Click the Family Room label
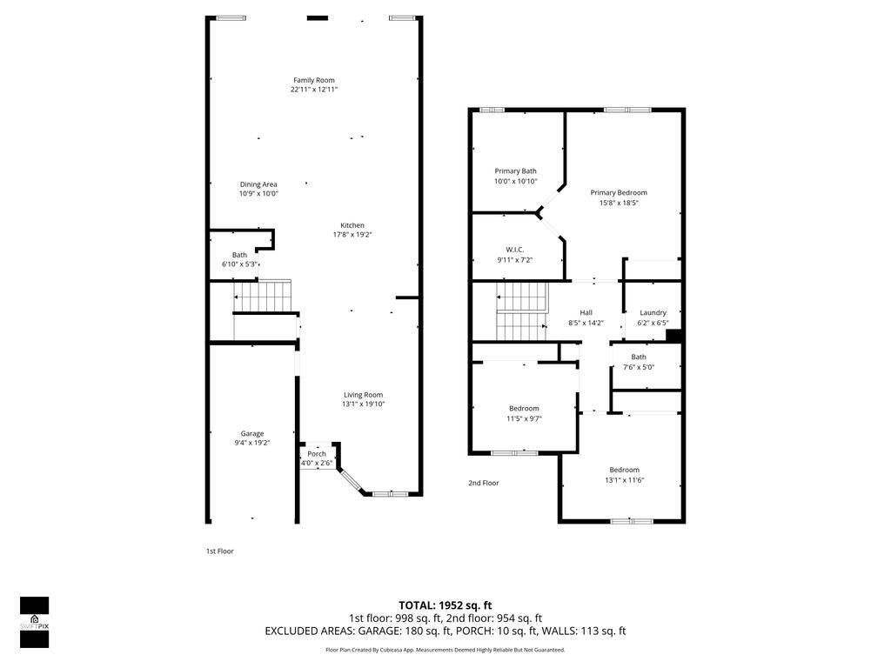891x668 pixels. [x=313, y=80]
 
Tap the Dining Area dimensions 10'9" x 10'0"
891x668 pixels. [x=258, y=194]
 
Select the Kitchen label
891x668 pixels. [x=352, y=225]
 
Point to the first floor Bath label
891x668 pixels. [x=239, y=255]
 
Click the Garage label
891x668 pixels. [x=252, y=433]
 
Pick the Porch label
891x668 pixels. [x=317, y=453]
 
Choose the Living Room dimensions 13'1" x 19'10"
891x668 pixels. [x=363, y=404]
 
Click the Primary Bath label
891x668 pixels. [x=516, y=171]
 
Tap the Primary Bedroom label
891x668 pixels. [x=619, y=193]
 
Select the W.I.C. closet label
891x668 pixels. [x=515, y=250]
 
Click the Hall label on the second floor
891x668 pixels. [x=586, y=313]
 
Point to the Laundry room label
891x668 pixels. [x=653, y=313]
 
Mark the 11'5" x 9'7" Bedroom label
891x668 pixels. [x=524, y=409]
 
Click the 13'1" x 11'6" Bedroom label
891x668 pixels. [x=624, y=470]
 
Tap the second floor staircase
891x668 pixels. [x=523, y=311]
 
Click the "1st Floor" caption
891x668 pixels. [x=219, y=551]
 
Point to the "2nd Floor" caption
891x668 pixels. [x=484, y=483]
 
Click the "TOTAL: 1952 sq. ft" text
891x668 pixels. [x=445, y=605]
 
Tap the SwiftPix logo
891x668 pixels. [x=34, y=622]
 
